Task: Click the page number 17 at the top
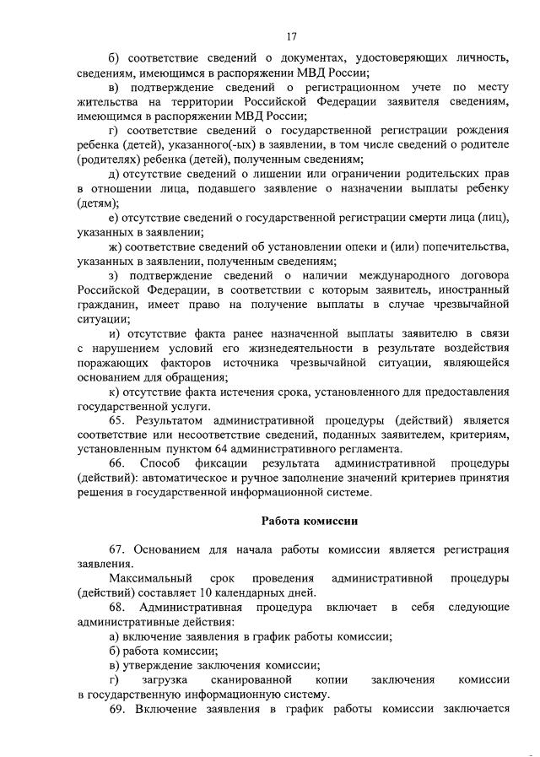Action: [291, 36]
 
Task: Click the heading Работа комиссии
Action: [310, 521]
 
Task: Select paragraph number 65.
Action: [118, 419]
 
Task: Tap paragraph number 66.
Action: [118, 464]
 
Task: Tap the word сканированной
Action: [256, 679]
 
